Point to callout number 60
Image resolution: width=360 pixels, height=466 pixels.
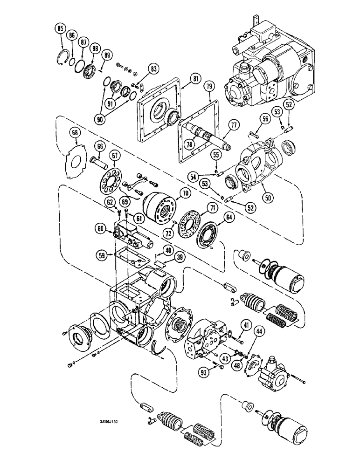point(100,228)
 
